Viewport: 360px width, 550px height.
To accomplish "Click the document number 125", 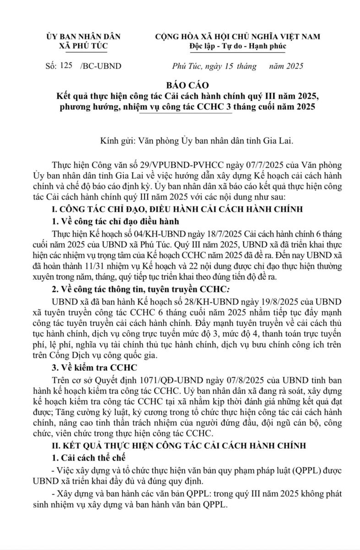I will coord(66,66).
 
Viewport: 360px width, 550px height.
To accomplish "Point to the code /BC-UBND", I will coord(101,66).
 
